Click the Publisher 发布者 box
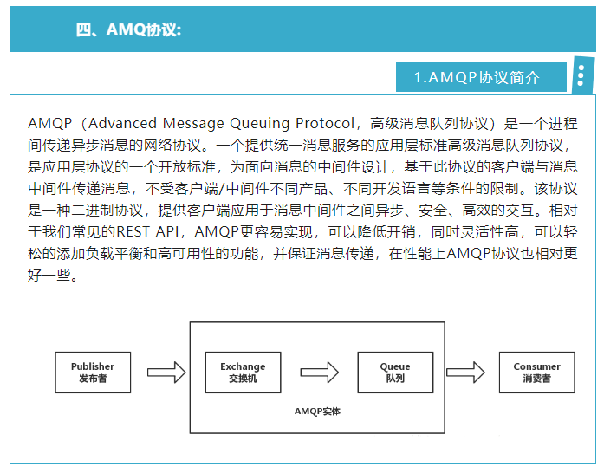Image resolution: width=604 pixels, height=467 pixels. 92,373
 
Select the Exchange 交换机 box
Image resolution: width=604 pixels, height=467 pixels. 243,373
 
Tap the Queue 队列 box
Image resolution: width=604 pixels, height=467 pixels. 394,373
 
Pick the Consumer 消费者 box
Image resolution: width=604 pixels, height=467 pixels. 536,373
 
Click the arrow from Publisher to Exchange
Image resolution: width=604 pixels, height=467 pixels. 166,373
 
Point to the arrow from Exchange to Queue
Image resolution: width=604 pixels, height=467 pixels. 320,373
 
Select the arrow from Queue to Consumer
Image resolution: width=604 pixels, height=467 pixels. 465,373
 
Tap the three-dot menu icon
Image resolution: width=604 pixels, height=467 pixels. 581,77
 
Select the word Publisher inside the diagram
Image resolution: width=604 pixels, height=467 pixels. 92,366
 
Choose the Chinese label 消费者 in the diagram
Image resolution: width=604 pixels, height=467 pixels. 536,379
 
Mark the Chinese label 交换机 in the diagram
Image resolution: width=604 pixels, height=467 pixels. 243,379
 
